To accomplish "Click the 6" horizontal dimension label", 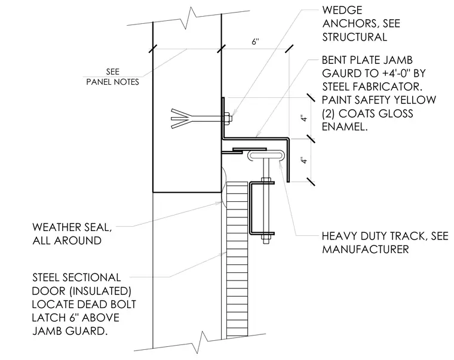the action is click(255, 42).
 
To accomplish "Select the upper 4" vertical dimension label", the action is click(303, 118).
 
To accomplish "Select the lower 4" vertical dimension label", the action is click(303, 161).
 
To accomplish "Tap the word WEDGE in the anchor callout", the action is click(342, 10).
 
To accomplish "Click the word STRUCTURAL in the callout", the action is click(355, 37).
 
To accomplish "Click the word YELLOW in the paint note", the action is click(414, 100).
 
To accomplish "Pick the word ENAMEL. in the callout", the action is click(345, 127).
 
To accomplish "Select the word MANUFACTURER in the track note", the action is click(366, 249).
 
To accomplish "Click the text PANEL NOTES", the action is click(113, 82).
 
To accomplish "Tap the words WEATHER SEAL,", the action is click(72, 227).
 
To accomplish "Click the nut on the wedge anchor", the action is click(227, 118).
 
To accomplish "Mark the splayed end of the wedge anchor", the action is click(180, 118).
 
